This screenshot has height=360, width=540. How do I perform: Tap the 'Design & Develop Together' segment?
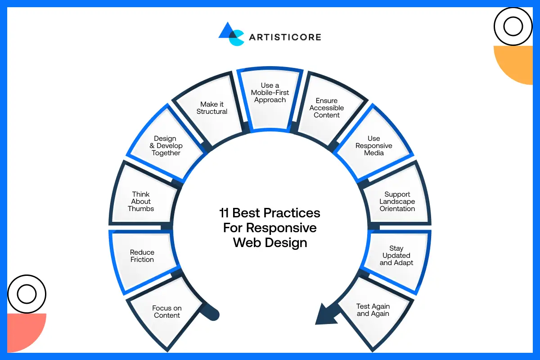pos(166,145)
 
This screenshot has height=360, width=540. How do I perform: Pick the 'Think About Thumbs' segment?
pos(141,202)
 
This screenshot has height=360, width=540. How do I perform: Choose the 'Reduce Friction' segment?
pos(142,256)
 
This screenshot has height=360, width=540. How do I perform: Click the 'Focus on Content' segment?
pos(167,311)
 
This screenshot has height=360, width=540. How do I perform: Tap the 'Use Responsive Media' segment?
pos(374,145)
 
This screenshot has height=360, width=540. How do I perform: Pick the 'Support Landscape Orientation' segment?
pos(397,202)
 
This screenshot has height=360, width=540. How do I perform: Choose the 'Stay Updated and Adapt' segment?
pos(396,256)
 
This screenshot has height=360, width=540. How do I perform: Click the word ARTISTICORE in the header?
pos(285,37)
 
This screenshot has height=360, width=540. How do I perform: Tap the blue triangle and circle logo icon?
pos(231,34)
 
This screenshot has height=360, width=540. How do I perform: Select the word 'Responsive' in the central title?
pos(282,228)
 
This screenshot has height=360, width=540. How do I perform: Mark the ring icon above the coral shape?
pos(27,294)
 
